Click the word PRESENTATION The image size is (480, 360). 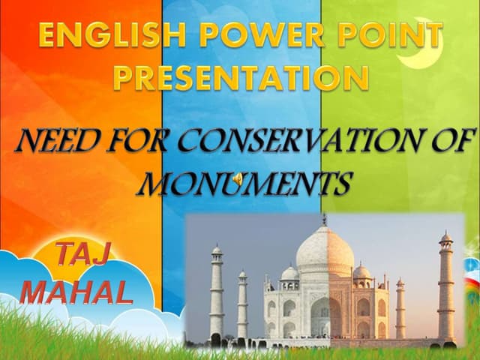click(240, 76)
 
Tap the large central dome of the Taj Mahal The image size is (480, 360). click(324, 251)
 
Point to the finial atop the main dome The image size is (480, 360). click(324, 219)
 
